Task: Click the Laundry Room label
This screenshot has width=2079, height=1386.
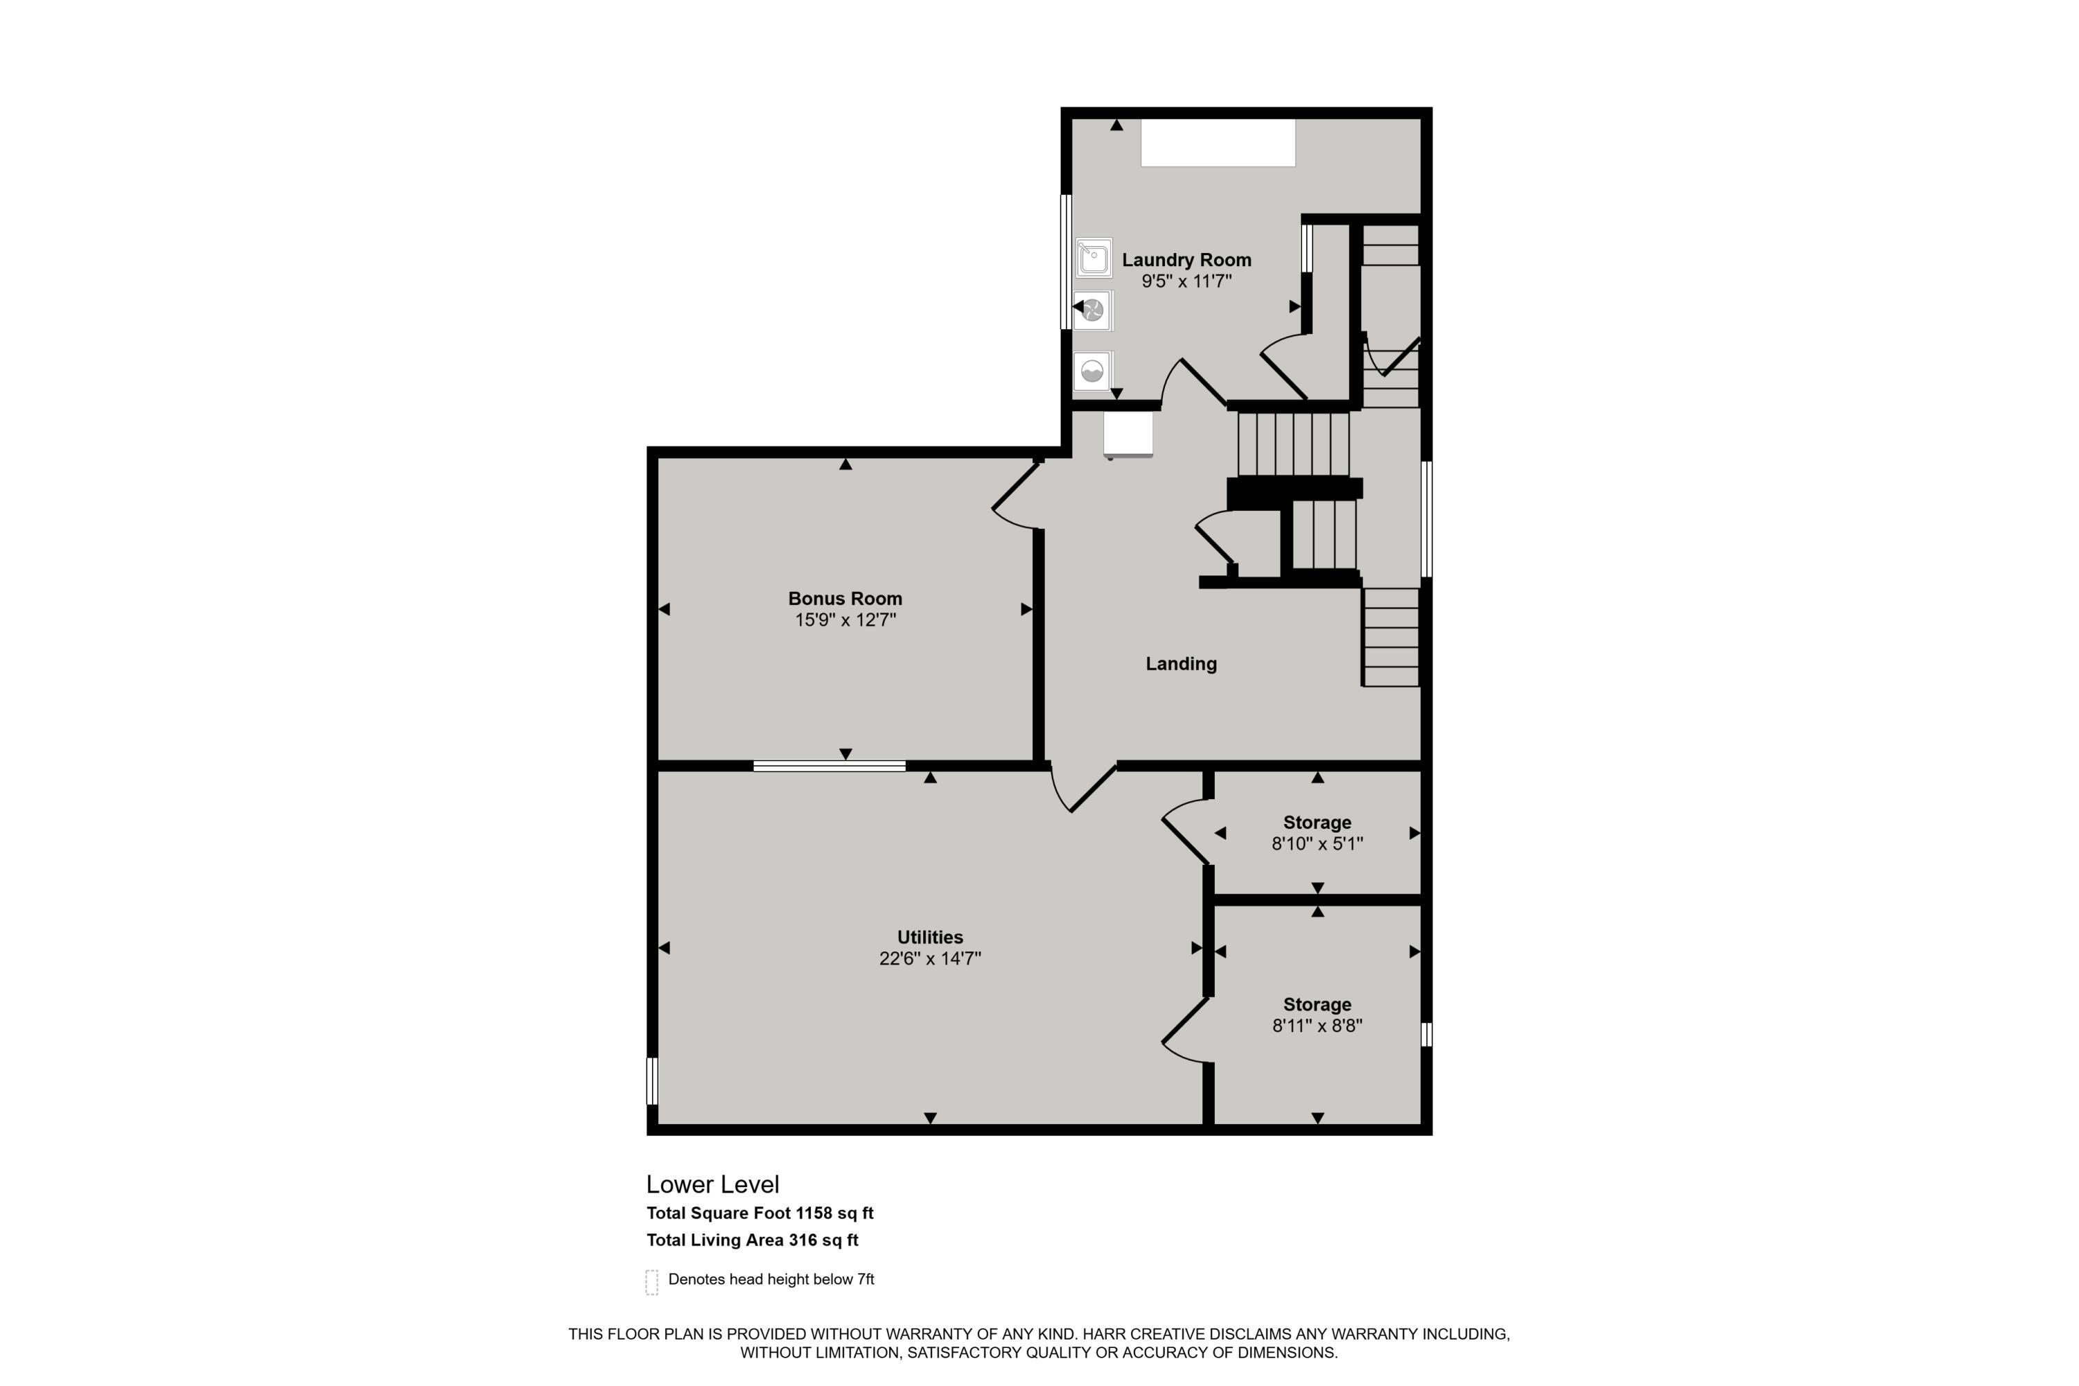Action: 1186,260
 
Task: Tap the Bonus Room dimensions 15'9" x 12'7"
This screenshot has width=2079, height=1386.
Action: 845,620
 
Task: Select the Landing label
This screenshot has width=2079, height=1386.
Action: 1181,664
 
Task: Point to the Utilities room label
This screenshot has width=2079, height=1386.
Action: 930,937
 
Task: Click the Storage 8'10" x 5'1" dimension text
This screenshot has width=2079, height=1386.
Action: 1317,844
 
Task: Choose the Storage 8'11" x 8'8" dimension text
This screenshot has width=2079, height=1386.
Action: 1317,1026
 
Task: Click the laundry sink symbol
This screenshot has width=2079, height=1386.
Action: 1094,258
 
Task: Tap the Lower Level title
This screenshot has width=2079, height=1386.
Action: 712,1184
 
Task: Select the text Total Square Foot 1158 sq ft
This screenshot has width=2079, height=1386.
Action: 760,1213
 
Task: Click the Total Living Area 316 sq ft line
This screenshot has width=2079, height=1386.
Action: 752,1240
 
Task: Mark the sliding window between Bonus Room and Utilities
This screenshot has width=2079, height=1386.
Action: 829,766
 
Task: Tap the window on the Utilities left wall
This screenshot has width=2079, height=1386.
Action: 652,1081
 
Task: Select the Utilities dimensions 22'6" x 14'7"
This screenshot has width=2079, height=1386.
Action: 930,959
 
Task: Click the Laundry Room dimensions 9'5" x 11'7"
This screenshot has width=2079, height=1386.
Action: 1186,282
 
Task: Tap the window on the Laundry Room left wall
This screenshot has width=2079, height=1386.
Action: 1066,262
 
